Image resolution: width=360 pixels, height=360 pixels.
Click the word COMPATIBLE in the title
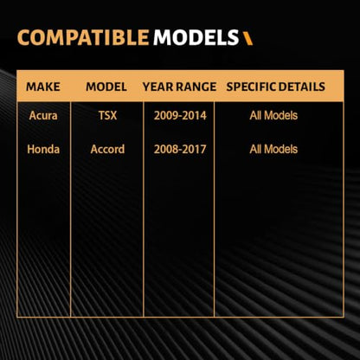(x=83, y=38)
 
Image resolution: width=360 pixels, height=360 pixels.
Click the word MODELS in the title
(x=196, y=38)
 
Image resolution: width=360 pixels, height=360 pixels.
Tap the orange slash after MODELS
(x=247, y=38)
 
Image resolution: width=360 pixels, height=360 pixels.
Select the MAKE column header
(x=43, y=87)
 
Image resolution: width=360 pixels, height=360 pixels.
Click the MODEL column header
(x=106, y=87)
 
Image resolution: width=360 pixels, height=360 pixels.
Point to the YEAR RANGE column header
(x=179, y=87)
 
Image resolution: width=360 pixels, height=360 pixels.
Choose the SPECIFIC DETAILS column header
(x=276, y=87)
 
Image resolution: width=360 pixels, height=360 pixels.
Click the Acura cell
(x=43, y=116)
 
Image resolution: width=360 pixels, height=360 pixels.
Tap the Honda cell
(x=43, y=149)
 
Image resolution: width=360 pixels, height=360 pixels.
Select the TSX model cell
(x=107, y=116)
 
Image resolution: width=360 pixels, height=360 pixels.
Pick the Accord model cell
(x=107, y=149)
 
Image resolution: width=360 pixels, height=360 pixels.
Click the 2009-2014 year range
(x=180, y=116)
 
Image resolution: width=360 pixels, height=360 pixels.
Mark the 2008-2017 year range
(x=180, y=149)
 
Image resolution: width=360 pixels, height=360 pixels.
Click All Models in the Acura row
(x=273, y=116)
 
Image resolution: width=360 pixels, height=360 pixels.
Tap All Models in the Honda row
(x=273, y=149)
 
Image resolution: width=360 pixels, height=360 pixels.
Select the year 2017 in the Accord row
(x=195, y=149)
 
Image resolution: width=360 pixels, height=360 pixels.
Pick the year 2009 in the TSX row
(x=165, y=116)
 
